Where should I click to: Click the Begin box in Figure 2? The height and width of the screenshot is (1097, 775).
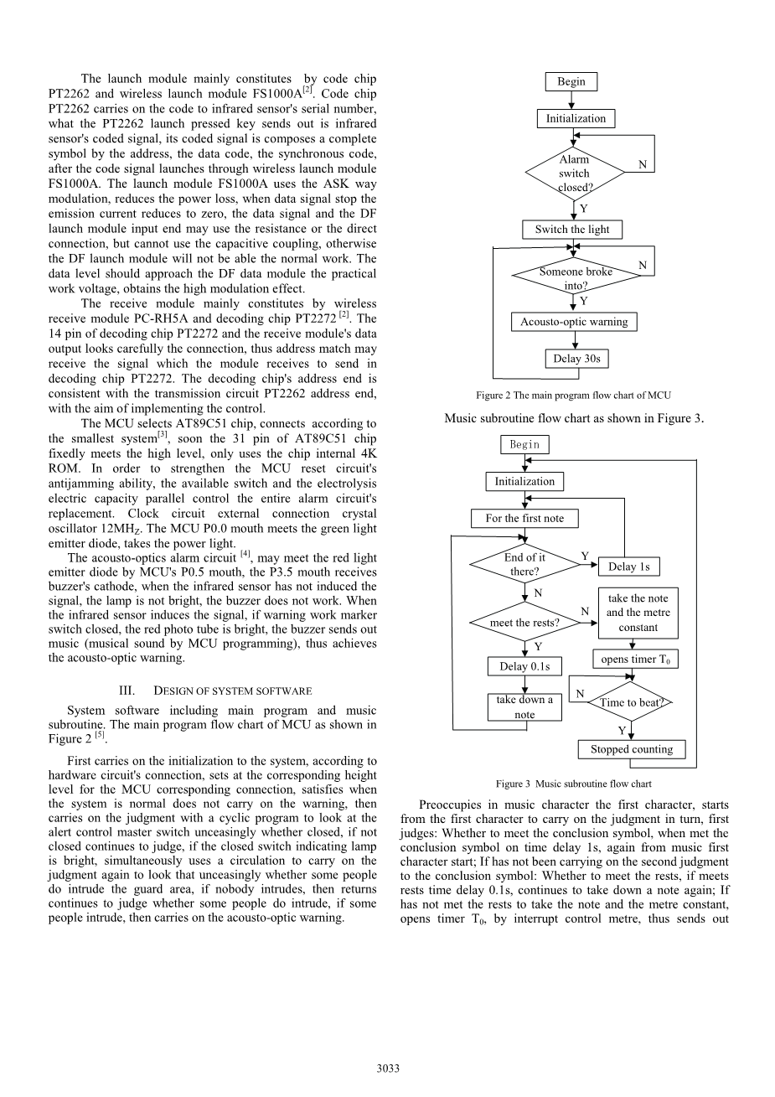click(571, 81)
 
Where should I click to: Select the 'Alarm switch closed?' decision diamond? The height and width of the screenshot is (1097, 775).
click(575, 173)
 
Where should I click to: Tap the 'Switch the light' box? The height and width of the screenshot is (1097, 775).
click(572, 229)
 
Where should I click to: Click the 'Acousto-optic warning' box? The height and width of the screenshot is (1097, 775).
click(574, 322)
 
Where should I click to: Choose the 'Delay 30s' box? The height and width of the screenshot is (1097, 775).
click(576, 359)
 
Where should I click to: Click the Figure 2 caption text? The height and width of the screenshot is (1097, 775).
click(573, 396)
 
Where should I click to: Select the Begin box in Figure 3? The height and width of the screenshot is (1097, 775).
click(524, 444)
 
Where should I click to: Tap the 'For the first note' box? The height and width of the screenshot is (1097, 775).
click(524, 518)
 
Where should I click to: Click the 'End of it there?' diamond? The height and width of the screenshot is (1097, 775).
click(524, 564)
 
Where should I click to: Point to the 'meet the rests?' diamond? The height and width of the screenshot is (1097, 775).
click(524, 623)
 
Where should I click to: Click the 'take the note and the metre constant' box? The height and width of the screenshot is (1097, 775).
click(638, 613)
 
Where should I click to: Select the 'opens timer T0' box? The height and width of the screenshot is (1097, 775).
click(635, 660)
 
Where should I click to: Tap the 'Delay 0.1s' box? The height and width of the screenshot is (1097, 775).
click(524, 666)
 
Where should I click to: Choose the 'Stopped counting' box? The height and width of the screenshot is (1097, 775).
click(632, 749)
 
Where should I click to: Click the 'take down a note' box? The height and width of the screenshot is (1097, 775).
click(524, 707)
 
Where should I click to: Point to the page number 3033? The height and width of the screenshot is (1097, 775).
click(388, 1068)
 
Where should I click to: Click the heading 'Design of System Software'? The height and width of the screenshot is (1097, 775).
click(215, 691)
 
